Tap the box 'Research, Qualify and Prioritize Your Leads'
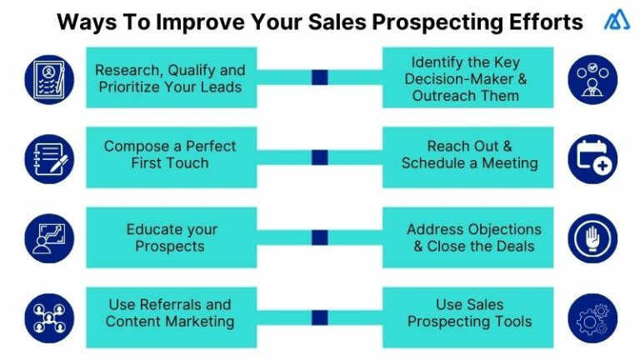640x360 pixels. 170,77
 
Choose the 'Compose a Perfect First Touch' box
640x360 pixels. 170,155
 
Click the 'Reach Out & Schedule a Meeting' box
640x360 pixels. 468,155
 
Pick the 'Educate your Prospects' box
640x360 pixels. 170,237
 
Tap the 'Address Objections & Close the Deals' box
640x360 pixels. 468,237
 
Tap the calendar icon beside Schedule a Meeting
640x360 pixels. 592,157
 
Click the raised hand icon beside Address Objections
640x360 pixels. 592,237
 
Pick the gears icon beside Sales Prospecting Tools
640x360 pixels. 592,317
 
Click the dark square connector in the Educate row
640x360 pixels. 319,237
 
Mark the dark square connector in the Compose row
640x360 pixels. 319,157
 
